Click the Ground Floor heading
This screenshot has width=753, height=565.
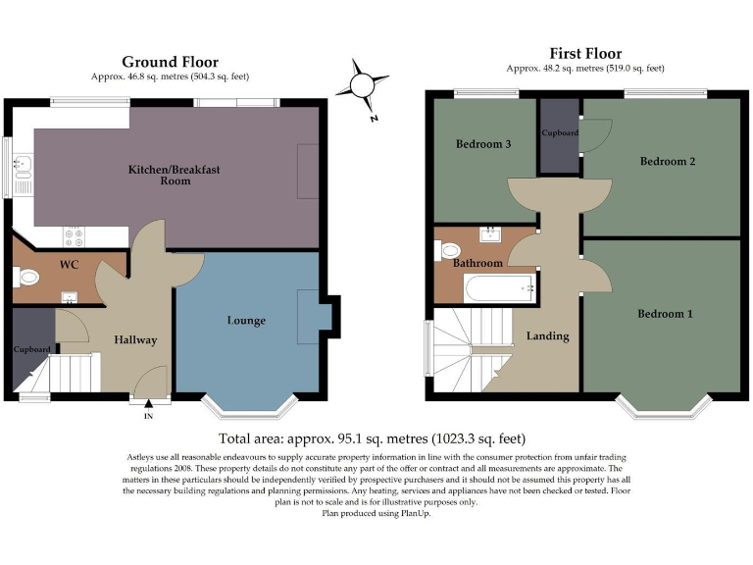[x=170, y=62]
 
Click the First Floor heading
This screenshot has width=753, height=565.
[x=585, y=53]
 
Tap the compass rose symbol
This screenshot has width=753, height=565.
[x=362, y=86]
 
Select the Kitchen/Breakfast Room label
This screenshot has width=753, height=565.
[x=175, y=175]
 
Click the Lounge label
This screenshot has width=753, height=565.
[x=246, y=321]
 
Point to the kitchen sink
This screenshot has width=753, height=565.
[x=23, y=175]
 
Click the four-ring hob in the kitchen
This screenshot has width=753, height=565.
[x=74, y=236]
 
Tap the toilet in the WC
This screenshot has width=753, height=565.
[x=25, y=278]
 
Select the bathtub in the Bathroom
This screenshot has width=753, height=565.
[x=500, y=288]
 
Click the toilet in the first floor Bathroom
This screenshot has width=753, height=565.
[x=447, y=250]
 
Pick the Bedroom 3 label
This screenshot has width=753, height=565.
[x=483, y=143]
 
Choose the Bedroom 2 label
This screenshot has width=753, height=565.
[x=668, y=162]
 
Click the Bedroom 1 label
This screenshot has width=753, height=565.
[x=665, y=314]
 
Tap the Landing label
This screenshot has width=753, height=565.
[x=548, y=336]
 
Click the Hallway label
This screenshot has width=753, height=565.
[x=135, y=340]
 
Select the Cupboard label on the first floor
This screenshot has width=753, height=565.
[x=560, y=132]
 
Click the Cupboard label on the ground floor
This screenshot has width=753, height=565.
[x=31, y=349]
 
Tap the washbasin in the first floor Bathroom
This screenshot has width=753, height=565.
[x=490, y=235]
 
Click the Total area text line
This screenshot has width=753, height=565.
[x=373, y=438]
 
